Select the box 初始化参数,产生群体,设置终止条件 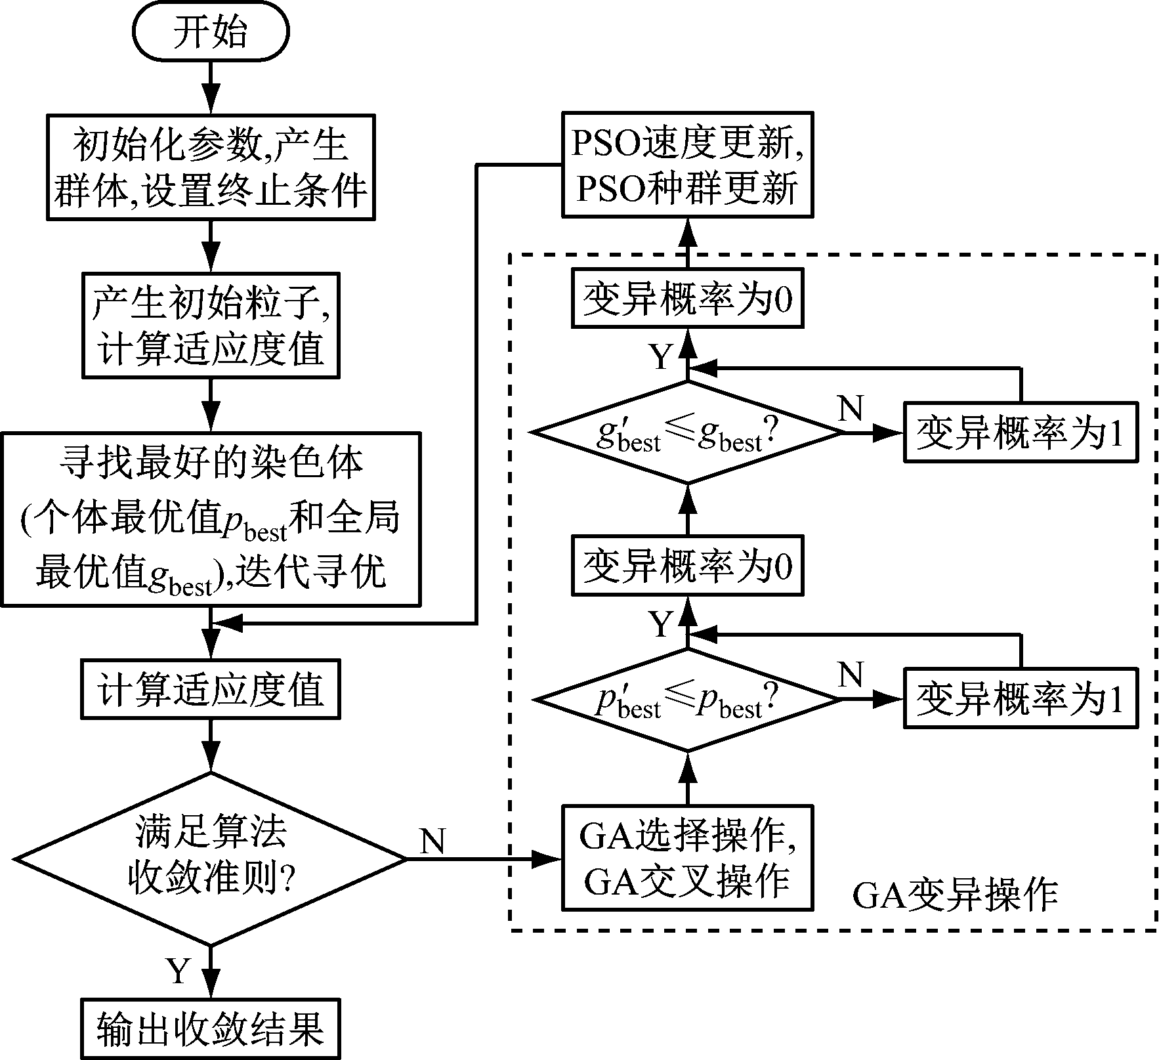click(x=210, y=167)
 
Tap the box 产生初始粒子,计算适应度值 click(x=210, y=326)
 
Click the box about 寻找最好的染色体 click(x=210, y=519)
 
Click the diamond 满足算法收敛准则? click(x=210, y=859)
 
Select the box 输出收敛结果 click(x=210, y=1028)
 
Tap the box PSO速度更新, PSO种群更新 click(x=687, y=165)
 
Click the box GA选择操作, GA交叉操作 click(x=687, y=857)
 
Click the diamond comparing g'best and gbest click(x=687, y=433)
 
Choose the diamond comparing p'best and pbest click(x=687, y=700)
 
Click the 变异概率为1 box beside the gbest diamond click(x=1020, y=433)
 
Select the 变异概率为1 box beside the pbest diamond click(x=1020, y=698)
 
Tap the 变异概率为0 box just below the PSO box click(x=687, y=298)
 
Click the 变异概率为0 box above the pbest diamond click(x=687, y=566)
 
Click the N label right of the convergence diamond click(x=432, y=841)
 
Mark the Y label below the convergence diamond click(x=179, y=970)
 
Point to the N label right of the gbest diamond click(x=851, y=409)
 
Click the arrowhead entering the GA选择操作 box click(x=546, y=858)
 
